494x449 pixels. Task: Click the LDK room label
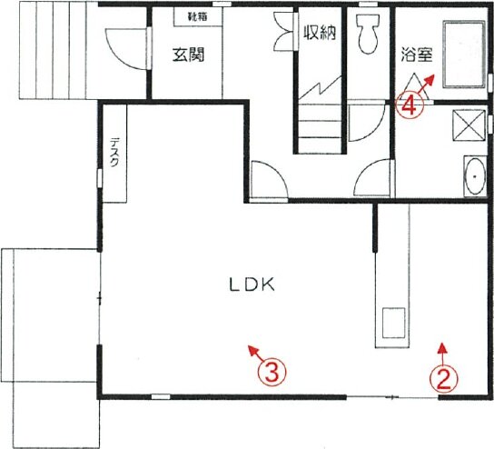pyautogui.click(x=252, y=284)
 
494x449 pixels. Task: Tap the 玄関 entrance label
pyautogui.click(x=188, y=55)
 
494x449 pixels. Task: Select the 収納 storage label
pyautogui.click(x=319, y=32)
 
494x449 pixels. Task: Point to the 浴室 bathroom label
pyautogui.click(x=417, y=55)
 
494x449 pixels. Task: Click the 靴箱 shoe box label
pyautogui.click(x=198, y=16)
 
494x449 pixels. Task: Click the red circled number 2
pyautogui.click(x=443, y=380)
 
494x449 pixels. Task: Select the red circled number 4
pyautogui.click(x=410, y=105)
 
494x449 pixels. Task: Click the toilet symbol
pyautogui.click(x=368, y=34)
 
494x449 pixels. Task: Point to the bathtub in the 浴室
pyautogui.click(x=464, y=54)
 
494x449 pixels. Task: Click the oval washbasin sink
pyautogui.click(x=475, y=176)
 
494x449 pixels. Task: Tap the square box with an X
pyautogui.click(x=469, y=125)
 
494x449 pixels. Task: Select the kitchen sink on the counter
pyautogui.click(x=393, y=323)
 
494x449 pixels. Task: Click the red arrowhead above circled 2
pyautogui.click(x=443, y=348)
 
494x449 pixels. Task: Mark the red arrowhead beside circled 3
pyautogui.click(x=252, y=350)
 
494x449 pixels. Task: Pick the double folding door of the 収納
pyautogui.click(x=284, y=31)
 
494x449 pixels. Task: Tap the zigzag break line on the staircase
pyautogui.click(x=320, y=86)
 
